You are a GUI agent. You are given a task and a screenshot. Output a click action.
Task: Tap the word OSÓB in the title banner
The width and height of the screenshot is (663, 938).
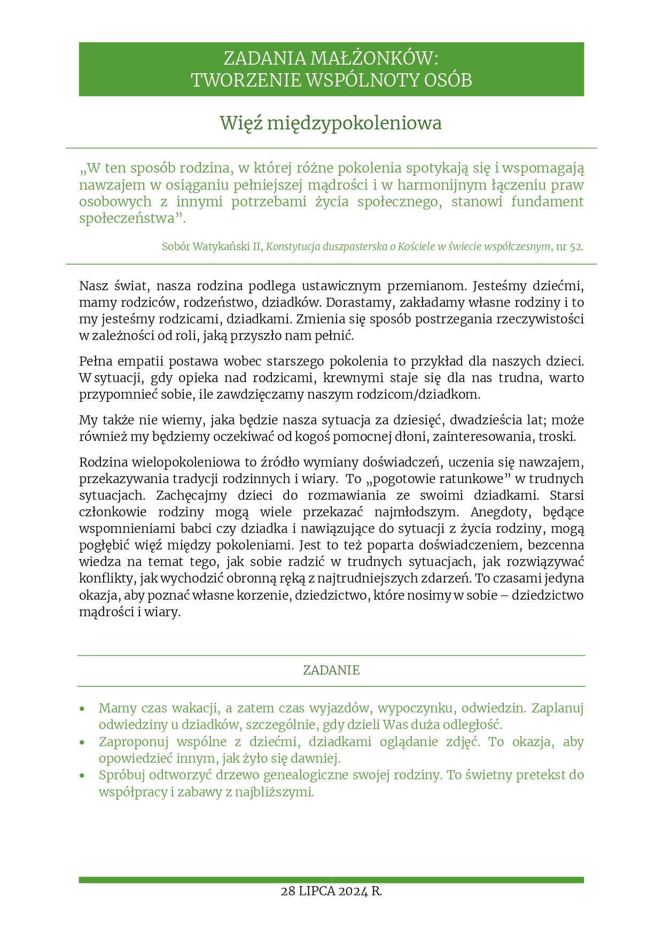tap(448, 80)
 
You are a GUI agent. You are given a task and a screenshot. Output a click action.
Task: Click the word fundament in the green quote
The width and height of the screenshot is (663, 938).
tap(547, 201)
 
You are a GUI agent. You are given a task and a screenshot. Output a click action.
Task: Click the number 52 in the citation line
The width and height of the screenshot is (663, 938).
tap(576, 247)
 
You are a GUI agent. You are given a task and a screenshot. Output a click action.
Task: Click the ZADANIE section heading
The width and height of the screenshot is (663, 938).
tap(331, 670)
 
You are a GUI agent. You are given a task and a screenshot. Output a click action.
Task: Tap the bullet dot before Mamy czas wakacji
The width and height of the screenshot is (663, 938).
tap(82, 709)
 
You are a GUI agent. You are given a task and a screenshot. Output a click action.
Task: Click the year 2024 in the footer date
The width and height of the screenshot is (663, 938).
tap(353, 891)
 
